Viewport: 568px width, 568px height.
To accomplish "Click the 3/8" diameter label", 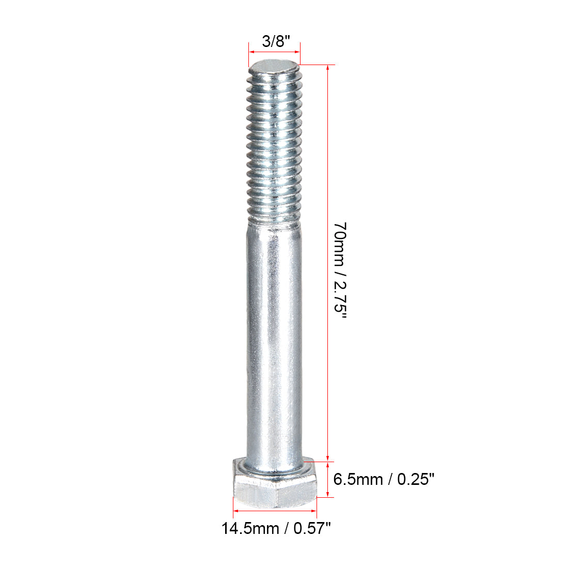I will coord(273,41).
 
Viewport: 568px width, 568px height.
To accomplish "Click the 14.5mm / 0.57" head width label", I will coord(276,528).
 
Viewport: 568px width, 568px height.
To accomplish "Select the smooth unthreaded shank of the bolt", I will coord(274,336).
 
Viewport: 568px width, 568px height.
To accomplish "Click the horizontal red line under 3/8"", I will coord(274,52).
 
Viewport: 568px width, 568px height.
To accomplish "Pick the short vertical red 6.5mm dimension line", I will coord(327,480).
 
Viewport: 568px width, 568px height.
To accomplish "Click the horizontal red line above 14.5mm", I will coord(274,512).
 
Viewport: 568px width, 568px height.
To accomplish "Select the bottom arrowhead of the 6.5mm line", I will coord(327,494).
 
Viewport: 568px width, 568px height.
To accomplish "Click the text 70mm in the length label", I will coord(340,241).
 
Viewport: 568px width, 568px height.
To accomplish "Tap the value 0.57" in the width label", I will coord(312,528).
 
